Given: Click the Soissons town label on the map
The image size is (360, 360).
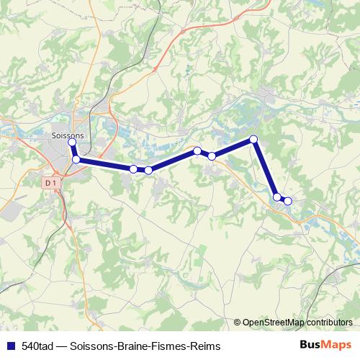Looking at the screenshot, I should coord(68,135).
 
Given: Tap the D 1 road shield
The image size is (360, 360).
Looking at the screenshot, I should coord(49,183).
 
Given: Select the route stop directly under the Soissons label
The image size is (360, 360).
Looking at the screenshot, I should coord(72,143).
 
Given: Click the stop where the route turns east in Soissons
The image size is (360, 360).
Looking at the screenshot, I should coord(76,158).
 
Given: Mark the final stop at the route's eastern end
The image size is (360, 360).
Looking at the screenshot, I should coord(288,201).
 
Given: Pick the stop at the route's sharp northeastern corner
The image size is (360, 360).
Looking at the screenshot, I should coord(253,139).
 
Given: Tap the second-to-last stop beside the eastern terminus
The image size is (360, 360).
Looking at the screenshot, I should coord(277,196).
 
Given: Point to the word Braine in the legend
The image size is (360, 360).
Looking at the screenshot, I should coord(130,346).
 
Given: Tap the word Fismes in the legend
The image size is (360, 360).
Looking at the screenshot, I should coord(168,346).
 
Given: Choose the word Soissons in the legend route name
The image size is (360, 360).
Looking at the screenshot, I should coord(92,346).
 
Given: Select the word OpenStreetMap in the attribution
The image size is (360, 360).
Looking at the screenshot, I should coord(274,323).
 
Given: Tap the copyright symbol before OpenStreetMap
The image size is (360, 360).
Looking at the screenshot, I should coord(238,323).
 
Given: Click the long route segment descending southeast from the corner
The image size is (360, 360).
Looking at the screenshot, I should coord(265,167).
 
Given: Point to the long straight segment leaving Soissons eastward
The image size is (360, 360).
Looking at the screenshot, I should coord(104,164).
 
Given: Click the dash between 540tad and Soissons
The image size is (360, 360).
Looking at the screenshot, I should coord(61,346).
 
